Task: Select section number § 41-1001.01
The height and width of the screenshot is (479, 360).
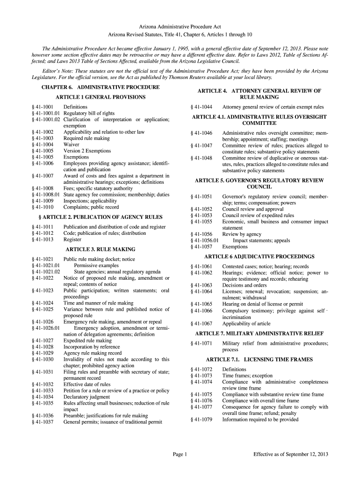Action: click(45, 113)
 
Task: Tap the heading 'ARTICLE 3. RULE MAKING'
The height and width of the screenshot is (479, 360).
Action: click(101, 249)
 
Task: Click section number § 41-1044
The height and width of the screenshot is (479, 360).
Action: click(202, 107)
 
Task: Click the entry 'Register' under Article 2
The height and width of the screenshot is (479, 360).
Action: click(72, 239)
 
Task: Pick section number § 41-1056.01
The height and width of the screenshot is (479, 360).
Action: click(205, 240)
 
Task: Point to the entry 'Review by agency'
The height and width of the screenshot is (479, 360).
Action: click(242, 234)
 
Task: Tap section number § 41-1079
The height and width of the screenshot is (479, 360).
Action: click(202, 420)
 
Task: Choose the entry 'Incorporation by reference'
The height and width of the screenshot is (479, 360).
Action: click(92, 347)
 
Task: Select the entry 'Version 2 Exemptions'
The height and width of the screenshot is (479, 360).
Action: click(87, 151)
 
